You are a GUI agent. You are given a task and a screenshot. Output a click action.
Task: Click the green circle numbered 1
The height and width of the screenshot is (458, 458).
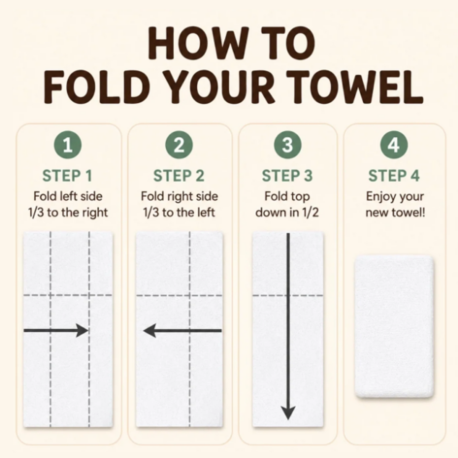pos(68,145)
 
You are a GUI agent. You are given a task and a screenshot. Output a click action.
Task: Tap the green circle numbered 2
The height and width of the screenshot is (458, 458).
pos(179,145)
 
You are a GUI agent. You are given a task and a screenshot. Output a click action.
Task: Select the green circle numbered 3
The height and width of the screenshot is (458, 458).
pos(288,145)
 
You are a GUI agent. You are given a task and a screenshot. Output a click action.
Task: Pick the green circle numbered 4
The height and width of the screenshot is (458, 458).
pos(394,145)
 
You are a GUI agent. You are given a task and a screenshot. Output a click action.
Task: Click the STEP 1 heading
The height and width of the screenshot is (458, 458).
pos(67,176)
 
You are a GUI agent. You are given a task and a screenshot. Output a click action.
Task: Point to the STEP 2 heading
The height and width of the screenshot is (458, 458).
pos(179,176)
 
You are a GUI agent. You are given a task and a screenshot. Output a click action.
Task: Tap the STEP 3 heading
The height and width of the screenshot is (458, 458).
pos(287,176)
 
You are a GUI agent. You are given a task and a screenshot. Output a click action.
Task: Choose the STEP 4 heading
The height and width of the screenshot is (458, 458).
pos(394,176)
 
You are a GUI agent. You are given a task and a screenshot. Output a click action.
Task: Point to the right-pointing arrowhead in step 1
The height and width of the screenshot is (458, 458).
pos(82,330)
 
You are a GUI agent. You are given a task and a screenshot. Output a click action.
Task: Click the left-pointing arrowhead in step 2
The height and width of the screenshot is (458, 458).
pos(150,331)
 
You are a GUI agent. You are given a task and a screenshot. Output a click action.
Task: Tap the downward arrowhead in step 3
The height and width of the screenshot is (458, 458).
pos(288,413)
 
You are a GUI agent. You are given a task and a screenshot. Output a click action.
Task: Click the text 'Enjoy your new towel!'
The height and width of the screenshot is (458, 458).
pos(395,205)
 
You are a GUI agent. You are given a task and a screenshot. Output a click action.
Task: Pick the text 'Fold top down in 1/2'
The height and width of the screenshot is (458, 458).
pos(287,205)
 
